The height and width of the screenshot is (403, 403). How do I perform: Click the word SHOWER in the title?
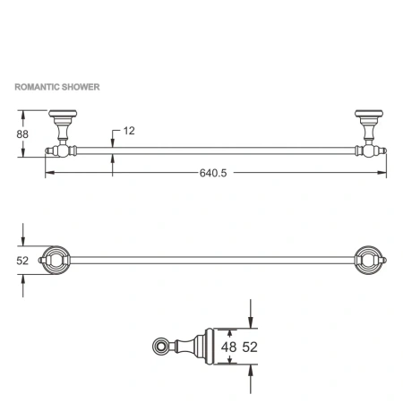coord(81,89)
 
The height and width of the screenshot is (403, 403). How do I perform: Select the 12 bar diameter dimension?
coord(128,131)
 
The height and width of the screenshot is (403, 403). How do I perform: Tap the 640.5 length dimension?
coord(212,174)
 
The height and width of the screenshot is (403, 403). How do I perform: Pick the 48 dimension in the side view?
coord(229,347)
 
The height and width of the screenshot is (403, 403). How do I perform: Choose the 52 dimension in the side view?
coord(253,347)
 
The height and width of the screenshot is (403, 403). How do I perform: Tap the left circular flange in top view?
coord(55,260)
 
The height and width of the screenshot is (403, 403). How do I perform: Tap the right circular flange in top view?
coord(368,260)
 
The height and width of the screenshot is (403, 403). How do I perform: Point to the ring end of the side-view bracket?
coord(162,347)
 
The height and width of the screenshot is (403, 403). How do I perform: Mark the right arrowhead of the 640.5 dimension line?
coord(382,174)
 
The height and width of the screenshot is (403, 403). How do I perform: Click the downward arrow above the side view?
coord(251,322)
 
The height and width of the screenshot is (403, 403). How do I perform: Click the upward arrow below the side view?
coord(251,371)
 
